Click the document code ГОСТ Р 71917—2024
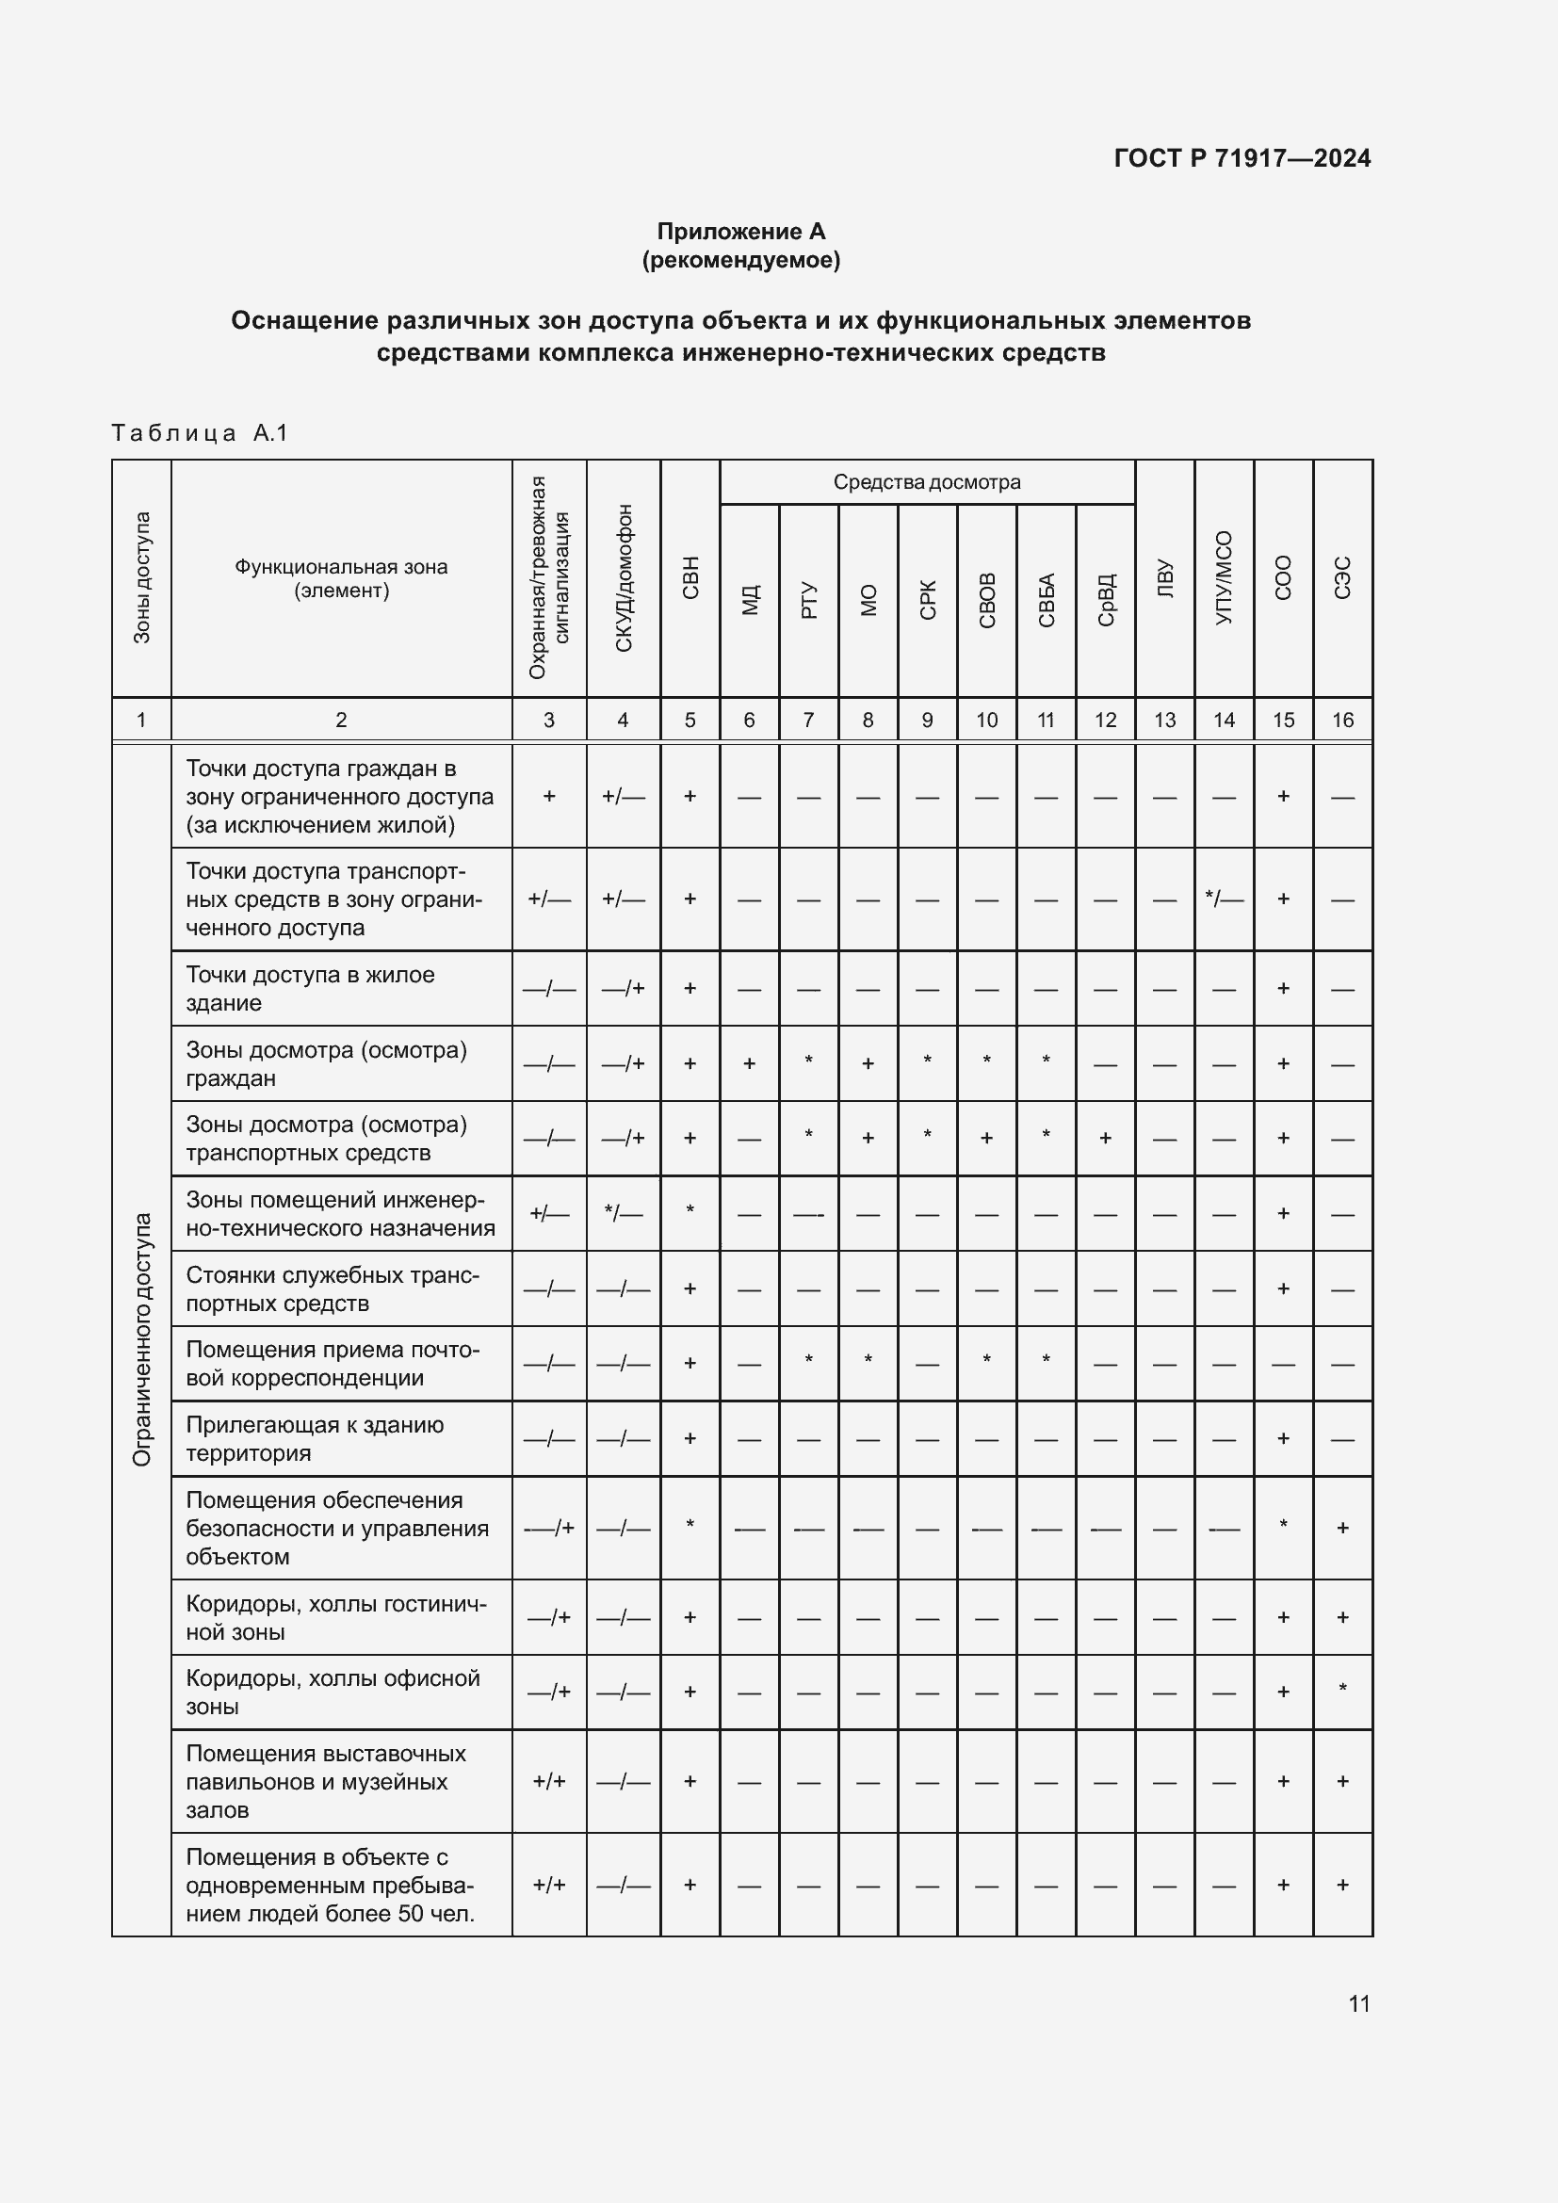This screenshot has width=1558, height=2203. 1242,158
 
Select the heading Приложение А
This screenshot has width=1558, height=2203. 740,232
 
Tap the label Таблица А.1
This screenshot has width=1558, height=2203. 200,432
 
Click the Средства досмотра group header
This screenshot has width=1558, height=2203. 927,481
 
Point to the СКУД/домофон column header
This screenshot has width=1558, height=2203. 624,577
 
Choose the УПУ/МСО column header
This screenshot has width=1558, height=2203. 1224,577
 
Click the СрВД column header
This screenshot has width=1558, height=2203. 1105,600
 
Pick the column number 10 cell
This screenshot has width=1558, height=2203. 986,720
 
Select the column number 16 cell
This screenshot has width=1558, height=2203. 1342,720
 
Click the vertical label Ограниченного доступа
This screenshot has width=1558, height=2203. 142,1339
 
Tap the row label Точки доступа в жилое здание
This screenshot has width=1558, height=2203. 310,988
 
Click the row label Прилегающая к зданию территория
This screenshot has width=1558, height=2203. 315,1438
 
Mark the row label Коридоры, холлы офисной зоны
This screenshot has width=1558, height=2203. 332,1692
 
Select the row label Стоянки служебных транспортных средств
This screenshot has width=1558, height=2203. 332,1288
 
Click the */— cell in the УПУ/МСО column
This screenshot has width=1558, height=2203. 1224,899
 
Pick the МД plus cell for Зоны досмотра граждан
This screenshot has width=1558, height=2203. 749,1063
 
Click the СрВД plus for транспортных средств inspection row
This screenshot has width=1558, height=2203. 1105,1138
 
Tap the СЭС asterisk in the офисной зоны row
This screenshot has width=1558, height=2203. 1342,1690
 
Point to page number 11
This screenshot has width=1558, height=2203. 1358,2003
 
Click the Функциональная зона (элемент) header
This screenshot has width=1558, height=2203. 342,577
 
